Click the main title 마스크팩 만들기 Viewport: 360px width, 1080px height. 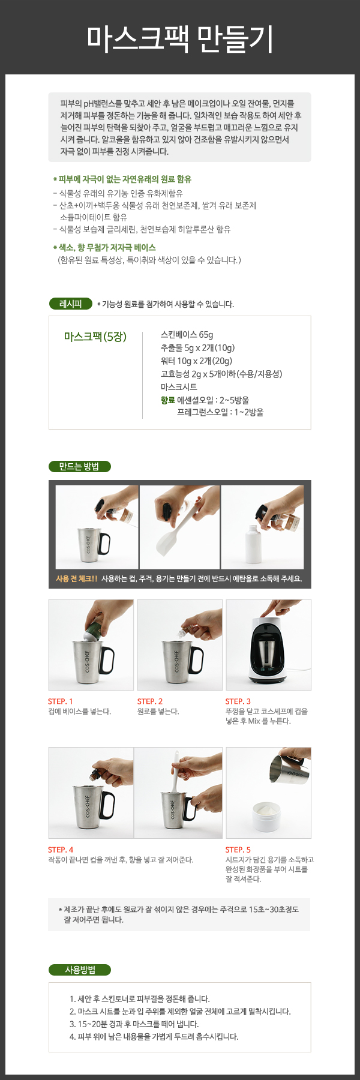pos(180,40)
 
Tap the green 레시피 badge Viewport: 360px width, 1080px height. pos(70,304)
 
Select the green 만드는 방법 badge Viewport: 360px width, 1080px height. pos(79,466)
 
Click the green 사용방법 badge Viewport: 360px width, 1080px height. pos(80,970)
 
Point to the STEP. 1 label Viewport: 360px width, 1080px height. pos(61,701)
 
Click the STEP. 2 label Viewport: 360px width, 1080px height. pos(150,701)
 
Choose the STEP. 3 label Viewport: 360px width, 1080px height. pos(238,701)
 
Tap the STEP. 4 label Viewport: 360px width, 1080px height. pos(61,850)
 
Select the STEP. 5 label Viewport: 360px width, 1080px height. pos(238,850)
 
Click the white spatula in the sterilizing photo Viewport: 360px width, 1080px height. pos(170,530)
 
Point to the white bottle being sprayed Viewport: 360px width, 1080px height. pos(253,543)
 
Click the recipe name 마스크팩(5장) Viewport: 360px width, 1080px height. pos(95,337)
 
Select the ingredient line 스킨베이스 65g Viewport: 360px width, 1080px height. pos(187,335)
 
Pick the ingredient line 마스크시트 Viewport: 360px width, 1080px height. pos(179,387)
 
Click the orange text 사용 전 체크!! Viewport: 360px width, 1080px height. pos(76,579)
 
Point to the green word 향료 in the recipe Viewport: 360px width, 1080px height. pos(167,400)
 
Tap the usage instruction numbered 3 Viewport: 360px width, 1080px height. pos(134,1024)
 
